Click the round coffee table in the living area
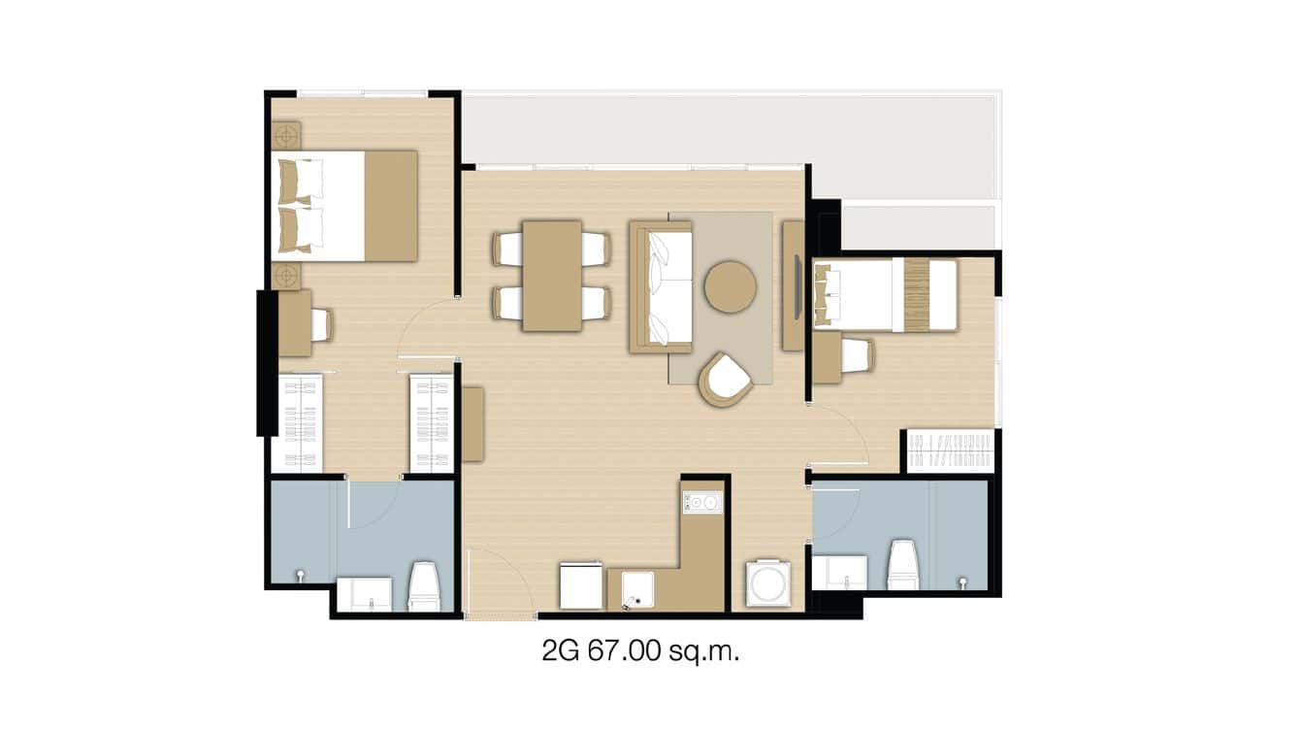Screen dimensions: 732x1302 tap(730, 286)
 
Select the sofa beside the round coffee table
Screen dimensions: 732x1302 tap(661, 287)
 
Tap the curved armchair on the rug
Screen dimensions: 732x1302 tap(726, 379)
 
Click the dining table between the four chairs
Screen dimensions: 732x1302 tap(552, 276)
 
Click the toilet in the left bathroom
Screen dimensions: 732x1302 tap(424, 586)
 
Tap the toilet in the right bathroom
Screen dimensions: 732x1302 tap(902, 565)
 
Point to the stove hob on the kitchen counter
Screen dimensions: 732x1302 tap(702, 503)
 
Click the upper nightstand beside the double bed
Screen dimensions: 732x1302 tap(286, 135)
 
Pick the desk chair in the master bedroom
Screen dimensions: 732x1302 tap(321, 324)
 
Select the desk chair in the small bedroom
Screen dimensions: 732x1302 tap(858, 355)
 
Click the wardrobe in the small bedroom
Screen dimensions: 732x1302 tap(951, 450)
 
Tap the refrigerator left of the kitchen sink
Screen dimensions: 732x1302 tap(581, 586)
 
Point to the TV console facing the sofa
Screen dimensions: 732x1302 tap(793, 285)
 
